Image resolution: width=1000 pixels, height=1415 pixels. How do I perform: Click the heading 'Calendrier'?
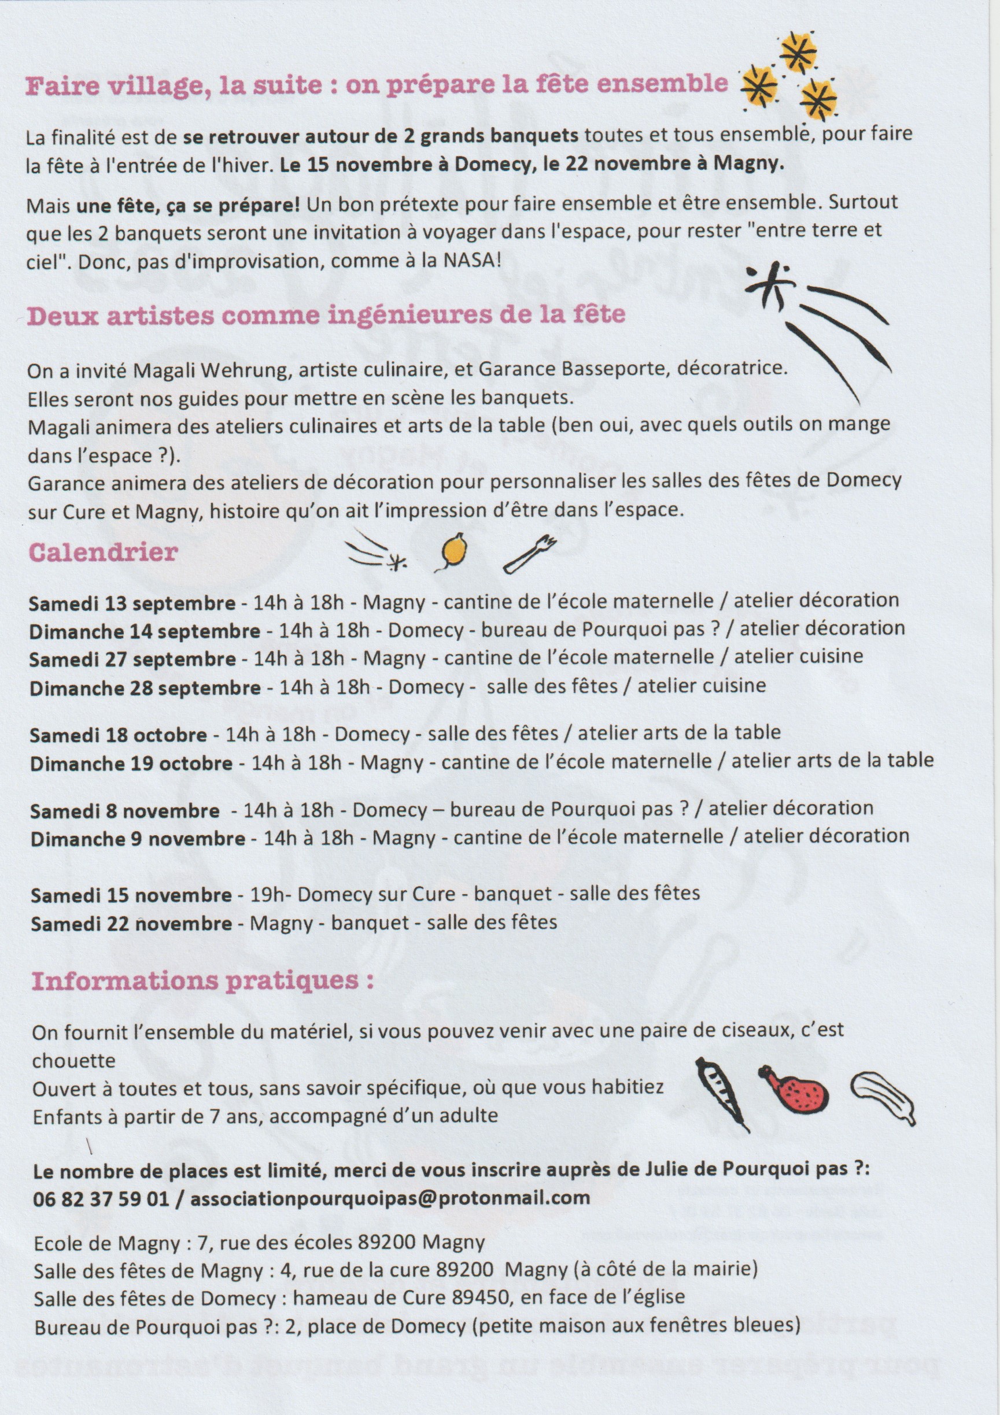click(103, 551)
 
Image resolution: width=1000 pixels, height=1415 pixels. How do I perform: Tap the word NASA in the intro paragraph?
click(473, 260)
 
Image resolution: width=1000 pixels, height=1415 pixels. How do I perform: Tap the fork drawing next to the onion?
click(530, 553)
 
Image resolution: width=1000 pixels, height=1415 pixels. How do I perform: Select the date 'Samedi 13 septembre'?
click(132, 603)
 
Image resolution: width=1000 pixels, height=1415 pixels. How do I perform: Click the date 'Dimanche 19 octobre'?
click(131, 764)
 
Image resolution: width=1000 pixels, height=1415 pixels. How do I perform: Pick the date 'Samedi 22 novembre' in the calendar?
click(131, 923)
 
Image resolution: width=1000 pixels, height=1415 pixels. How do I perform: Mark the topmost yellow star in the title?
click(798, 53)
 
